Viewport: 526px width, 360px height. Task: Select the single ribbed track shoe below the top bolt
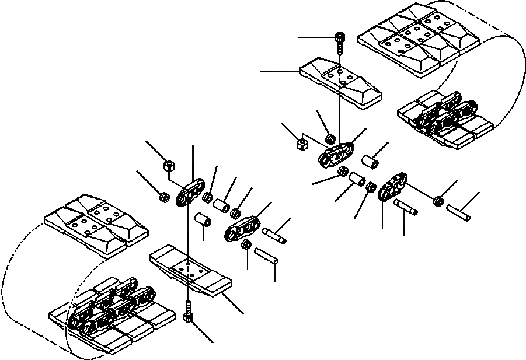pyautogui.click(x=340, y=82)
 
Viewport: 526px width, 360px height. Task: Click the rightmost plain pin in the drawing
pyautogui.click(x=459, y=212)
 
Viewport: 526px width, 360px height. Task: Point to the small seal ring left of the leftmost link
pyautogui.click(x=165, y=198)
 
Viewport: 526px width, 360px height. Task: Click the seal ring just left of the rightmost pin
pyautogui.click(x=438, y=202)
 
